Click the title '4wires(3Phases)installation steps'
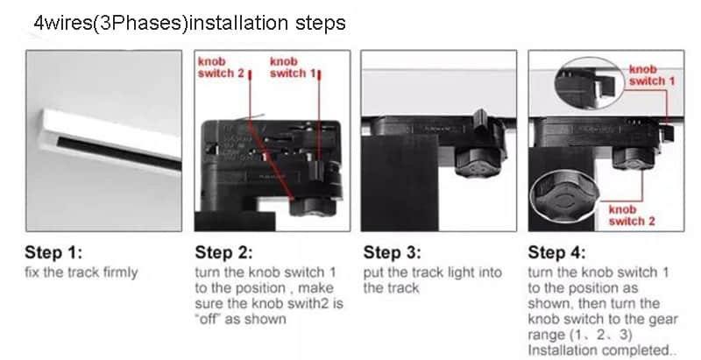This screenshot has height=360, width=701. point(189,22)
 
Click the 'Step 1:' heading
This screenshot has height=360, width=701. point(53,252)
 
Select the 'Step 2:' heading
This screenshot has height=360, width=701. point(223,252)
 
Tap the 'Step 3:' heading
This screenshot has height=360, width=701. point(392,252)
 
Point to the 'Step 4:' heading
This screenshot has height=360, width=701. point(556,252)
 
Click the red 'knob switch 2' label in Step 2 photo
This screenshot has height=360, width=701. point(221,67)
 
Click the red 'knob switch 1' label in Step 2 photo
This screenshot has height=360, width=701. point(293,67)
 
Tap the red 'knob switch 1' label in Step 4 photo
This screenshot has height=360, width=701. point(652,75)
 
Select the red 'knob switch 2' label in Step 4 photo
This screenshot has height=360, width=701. point(631,215)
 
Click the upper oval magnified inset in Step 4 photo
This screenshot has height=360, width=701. point(590,83)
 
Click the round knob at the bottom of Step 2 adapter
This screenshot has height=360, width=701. point(313,207)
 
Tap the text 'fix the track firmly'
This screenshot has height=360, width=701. point(81,272)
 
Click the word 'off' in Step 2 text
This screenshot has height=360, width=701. point(208,319)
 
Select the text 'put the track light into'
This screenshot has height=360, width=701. point(432,272)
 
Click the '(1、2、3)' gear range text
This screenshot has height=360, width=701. point(600,335)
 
